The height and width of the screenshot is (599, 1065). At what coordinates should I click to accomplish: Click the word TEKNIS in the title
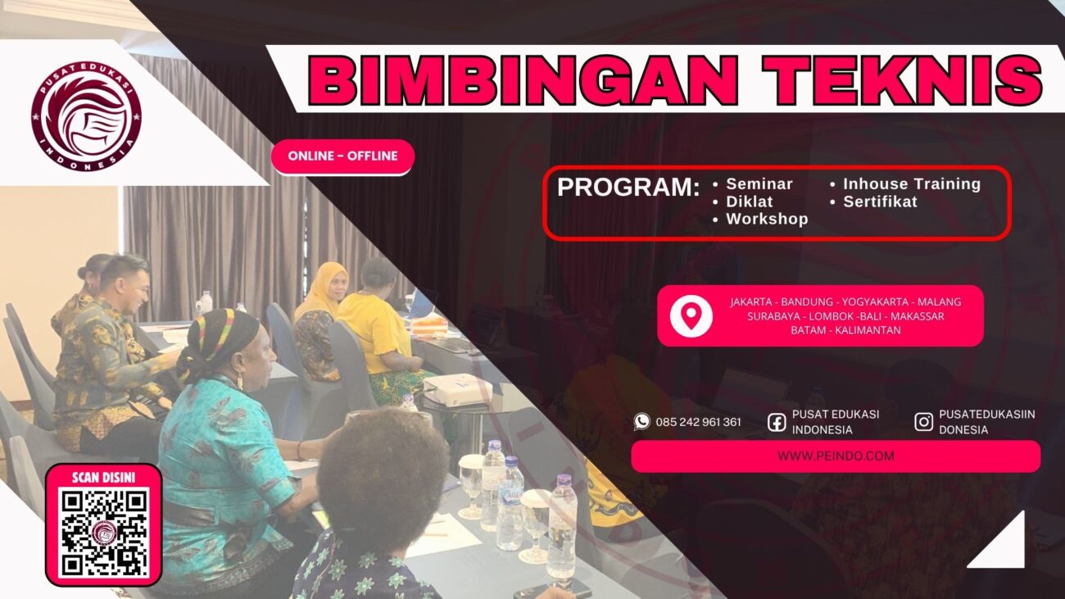pyautogui.click(x=901, y=79)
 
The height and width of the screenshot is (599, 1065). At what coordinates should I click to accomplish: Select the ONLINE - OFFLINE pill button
pyautogui.click(x=342, y=156)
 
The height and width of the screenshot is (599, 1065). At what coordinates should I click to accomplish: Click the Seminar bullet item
pyautogui.click(x=759, y=184)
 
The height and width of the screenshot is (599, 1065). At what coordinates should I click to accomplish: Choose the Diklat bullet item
pyautogui.click(x=749, y=202)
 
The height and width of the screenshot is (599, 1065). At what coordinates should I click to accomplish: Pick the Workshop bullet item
pyautogui.click(x=767, y=219)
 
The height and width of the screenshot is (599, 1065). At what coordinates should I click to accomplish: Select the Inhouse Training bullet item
pyautogui.click(x=911, y=184)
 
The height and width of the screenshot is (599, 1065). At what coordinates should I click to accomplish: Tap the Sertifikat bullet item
pyautogui.click(x=880, y=202)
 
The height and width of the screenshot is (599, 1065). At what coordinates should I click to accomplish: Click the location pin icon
pyautogui.click(x=691, y=316)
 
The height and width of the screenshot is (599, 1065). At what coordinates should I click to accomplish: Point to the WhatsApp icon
pyautogui.click(x=641, y=421)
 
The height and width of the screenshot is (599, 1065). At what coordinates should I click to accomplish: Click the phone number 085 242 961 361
pyautogui.click(x=698, y=422)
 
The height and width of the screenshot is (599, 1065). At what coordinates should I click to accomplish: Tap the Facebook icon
pyautogui.click(x=777, y=422)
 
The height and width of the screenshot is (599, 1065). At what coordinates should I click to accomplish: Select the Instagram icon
pyautogui.click(x=923, y=422)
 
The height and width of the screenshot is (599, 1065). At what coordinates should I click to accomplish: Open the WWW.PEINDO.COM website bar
pyautogui.click(x=835, y=456)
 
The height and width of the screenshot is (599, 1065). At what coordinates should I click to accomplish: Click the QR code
pyautogui.click(x=103, y=532)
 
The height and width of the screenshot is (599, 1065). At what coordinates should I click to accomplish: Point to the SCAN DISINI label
pyautogui.click(x=103, y=477)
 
